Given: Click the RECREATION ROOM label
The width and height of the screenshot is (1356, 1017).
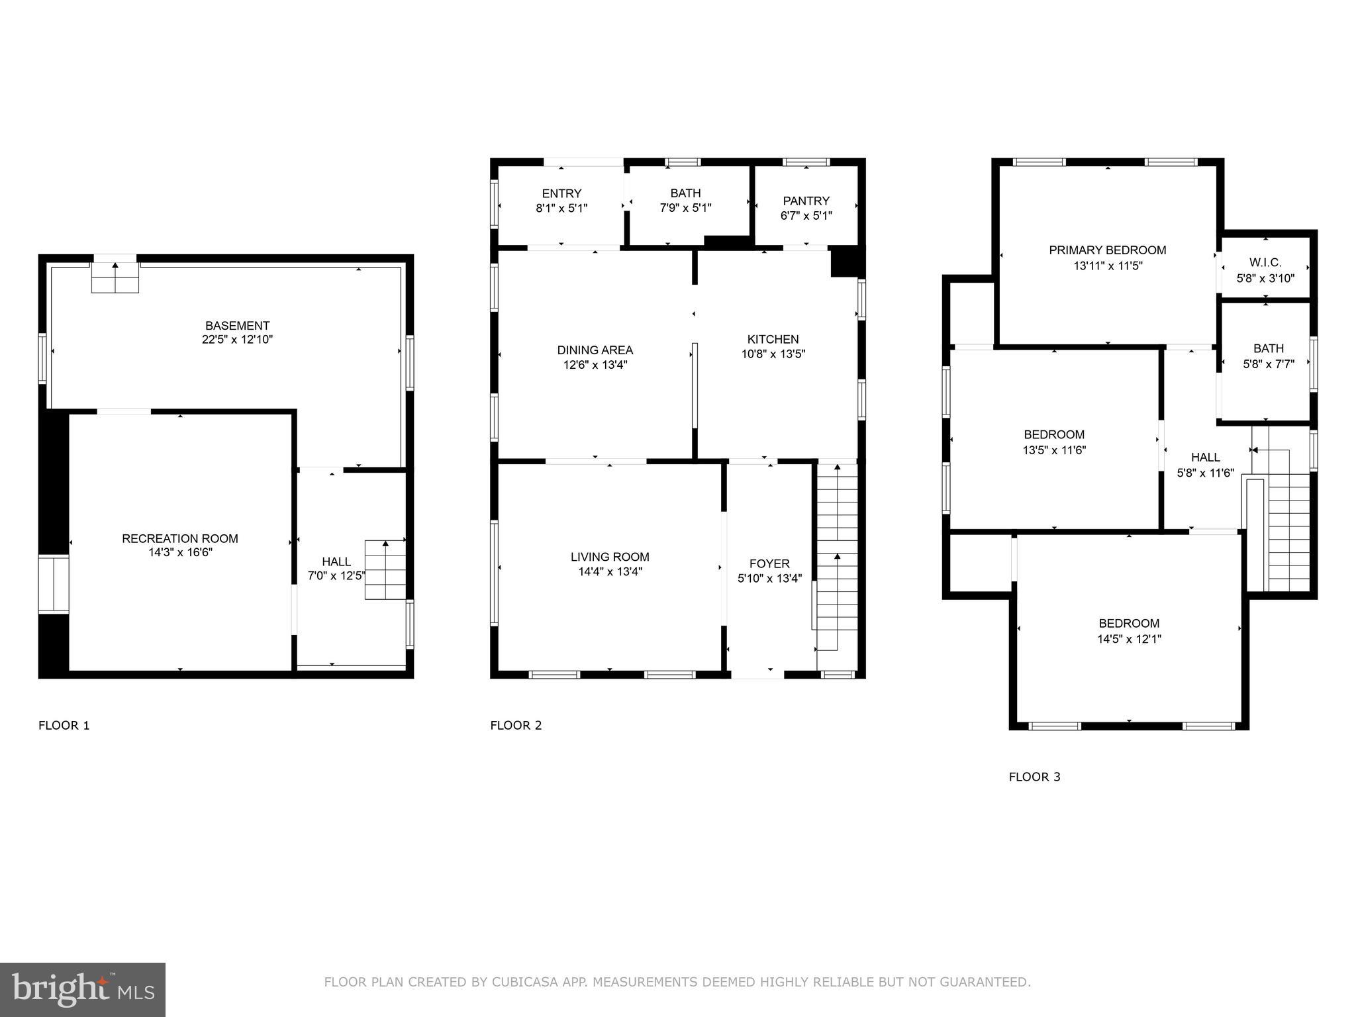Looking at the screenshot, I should click(x=180, y=538).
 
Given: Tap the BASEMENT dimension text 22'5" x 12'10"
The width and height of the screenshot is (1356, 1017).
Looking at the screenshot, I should click(x=237, y=340).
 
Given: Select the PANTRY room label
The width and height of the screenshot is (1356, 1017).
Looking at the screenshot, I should click(x=806, y=201).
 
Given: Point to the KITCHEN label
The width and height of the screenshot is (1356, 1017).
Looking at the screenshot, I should click(x=773, y=339).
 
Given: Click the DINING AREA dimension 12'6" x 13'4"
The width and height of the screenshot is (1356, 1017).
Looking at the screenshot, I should click(x=595, y=365).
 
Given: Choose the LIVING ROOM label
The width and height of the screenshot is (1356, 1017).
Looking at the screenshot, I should click(x=610, y=557).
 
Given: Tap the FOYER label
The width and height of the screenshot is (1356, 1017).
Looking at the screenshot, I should click(x=769, y=563).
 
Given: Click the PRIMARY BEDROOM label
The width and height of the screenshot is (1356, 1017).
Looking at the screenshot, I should click(x=1107, y=250).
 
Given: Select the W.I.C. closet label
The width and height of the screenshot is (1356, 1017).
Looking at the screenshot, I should click(x=1265, y=263).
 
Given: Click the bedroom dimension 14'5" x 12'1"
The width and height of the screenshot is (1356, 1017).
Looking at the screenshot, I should click(x=1129, y=640).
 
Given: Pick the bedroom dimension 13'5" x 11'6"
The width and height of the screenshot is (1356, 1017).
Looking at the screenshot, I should click(x=1054, y=450).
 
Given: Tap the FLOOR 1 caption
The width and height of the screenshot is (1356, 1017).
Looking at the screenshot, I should click(x=64, y=725).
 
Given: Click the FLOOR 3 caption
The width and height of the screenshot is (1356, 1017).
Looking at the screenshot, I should click(x=1034, y=777).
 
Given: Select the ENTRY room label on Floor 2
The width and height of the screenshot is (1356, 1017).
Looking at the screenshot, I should click(x=561, y=193).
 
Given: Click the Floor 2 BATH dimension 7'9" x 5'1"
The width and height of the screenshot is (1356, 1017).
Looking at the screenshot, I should click(x=685, y=208).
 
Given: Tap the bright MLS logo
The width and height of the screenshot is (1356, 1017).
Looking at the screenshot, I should click(x=83, y=989).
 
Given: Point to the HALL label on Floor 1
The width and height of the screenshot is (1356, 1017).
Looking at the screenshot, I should click(x=336, y=561).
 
